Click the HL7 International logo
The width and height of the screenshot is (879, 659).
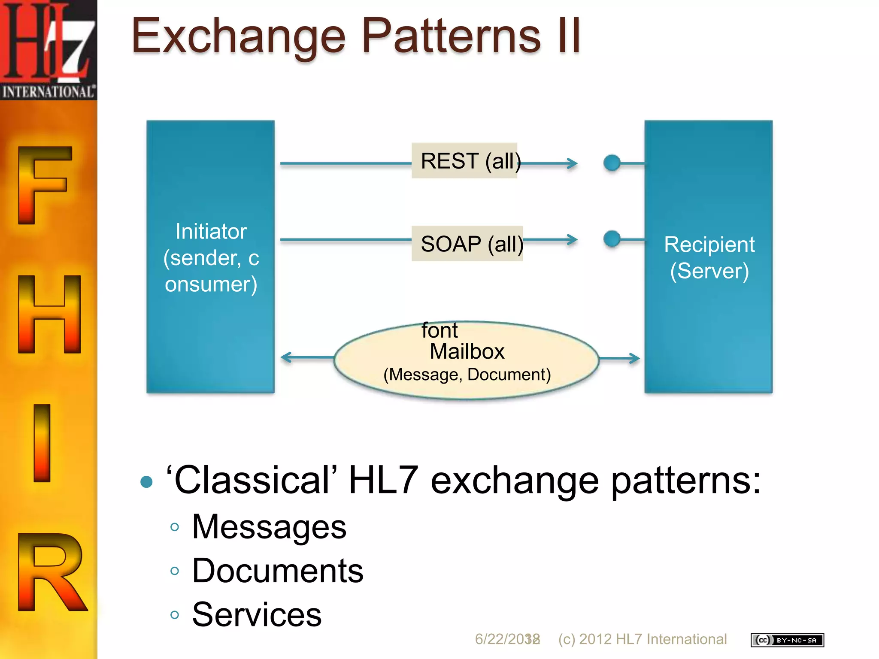48,49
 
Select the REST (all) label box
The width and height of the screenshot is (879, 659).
464,161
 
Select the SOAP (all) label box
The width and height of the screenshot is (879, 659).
467,244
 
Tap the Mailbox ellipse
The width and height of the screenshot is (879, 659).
467,360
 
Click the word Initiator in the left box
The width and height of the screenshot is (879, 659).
211,232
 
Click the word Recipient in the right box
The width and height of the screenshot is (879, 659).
709,245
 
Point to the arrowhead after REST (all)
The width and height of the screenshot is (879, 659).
572,163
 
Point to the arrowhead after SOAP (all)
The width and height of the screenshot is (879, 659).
572,240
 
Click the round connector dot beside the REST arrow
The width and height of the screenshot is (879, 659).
612,163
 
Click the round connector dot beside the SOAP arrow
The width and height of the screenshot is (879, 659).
612,239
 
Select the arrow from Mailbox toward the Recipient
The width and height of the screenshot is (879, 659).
620,358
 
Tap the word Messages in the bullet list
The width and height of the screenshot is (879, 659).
269,527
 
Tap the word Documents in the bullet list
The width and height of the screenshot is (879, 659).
278,571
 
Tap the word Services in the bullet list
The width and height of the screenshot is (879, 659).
257,615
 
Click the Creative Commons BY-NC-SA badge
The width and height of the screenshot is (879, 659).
787,640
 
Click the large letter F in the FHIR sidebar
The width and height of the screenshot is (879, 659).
43,184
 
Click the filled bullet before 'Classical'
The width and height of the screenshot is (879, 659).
147,481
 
